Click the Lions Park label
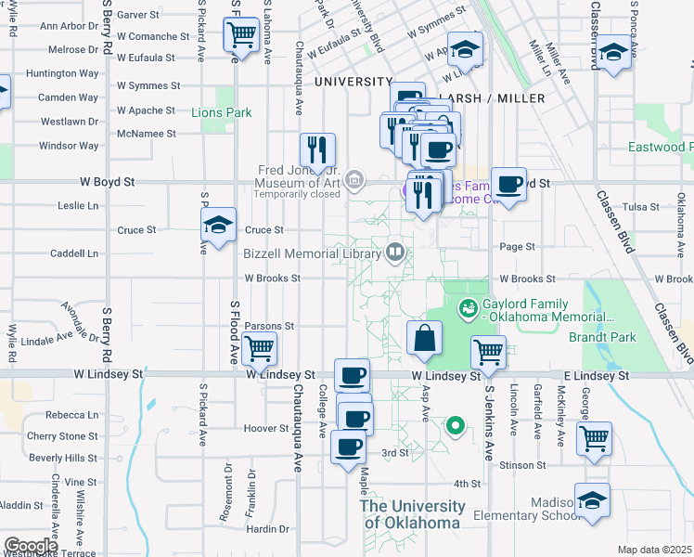tap(222, 112)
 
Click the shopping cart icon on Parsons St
tap(259, 349)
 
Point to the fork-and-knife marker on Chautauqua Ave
tap(317, 150)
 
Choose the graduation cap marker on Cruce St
tap(218, 226)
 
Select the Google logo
tap(32, 545)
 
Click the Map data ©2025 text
tap(654, 550)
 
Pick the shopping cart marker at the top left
tap(241, 35)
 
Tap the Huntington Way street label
tap(62, 73)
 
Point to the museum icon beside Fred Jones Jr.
tap(353, 179)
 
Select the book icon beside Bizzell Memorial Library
tap(394, 252)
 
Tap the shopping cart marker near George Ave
tap(594, 437)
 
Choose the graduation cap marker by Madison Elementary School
tap(592, 501)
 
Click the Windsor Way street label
tap(69, 146)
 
